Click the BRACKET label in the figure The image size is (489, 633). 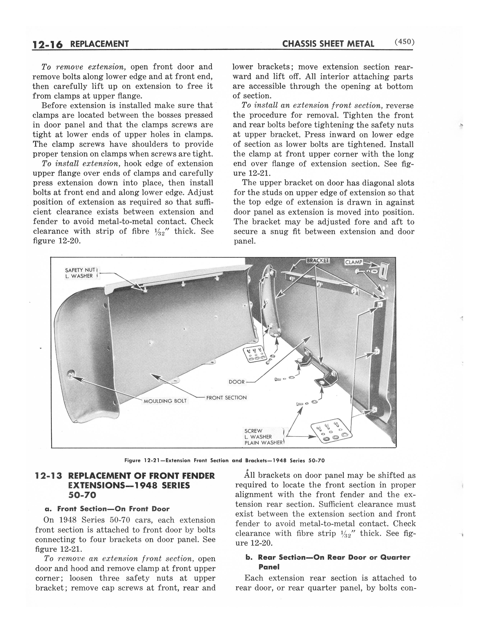[x=318, y=260]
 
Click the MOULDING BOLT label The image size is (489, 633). [x=165, y=401]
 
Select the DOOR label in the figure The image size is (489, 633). [x=236, y=382]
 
